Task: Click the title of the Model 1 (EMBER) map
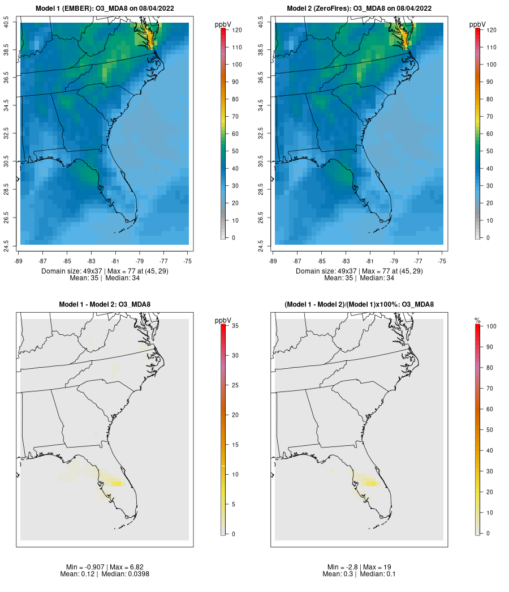(105, 8)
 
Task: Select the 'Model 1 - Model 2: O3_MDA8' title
(105, 305)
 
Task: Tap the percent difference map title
(359, 305)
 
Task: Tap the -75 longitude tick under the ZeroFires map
(442, 261)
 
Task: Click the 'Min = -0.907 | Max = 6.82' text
(105, 567)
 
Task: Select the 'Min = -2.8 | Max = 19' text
(359, 567)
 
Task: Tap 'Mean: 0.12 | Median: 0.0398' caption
(105, 574)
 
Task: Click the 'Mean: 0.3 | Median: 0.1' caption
(359, 574)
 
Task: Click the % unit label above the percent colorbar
(477, 321)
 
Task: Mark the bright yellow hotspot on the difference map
(117, 483)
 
